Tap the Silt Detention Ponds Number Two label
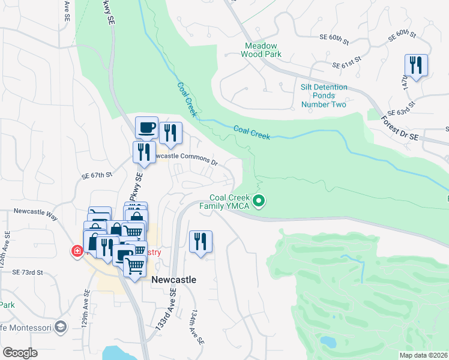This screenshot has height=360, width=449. click(324, 96)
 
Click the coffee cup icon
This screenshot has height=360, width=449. click(146, 127)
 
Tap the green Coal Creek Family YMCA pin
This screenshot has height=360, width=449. click(259, 201)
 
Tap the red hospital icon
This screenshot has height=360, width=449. click(77, 251)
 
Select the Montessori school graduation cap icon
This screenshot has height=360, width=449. click(59, 326)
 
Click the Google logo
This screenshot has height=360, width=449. click(20, 352)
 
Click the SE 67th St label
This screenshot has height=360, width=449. click(97, 175)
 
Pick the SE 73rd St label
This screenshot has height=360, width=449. click(28, 272)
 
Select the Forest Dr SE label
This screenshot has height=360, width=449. click(399, 129)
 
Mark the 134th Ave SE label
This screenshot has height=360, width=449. click(196, 328)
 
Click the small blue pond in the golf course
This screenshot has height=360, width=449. click(328, 342)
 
